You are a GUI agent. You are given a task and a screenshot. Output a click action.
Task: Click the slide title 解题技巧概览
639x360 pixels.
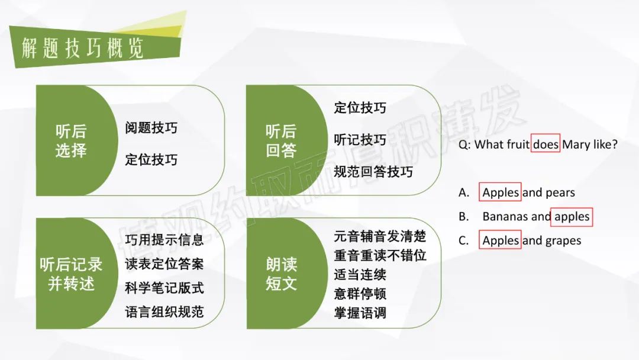[82, 49]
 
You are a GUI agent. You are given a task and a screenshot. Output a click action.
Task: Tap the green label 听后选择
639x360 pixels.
[72, 141]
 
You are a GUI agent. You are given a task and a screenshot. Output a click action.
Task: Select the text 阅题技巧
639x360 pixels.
[151, 128]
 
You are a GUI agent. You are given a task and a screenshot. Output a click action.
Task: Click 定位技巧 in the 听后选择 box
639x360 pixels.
[151, 159]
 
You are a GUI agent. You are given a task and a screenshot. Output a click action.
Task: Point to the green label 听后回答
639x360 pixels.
[281, 141]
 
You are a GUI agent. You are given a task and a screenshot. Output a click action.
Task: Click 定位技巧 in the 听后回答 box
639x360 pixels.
[360, 108]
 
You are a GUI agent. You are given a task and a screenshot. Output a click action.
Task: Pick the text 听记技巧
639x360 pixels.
[360, 139]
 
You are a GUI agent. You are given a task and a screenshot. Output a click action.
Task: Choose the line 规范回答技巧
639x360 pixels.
[373, 172]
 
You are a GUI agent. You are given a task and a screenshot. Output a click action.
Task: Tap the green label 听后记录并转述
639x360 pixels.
[72, 274]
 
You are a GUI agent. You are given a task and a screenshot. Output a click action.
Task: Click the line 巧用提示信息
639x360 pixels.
[164, 240]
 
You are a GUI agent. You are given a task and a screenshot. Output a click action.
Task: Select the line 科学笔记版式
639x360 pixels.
[164, 288]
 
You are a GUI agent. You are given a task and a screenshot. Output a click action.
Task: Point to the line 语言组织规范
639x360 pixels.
[164, 312]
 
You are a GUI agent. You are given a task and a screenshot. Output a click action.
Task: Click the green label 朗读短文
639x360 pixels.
[281, 274]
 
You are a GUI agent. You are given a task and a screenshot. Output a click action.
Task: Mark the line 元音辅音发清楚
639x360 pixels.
[380, 236]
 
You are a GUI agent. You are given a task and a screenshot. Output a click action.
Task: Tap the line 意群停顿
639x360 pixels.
[360, 294]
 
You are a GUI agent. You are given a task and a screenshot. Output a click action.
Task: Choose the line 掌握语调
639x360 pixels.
[360, 313]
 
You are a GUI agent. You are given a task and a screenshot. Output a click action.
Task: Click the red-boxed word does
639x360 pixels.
[546, 143]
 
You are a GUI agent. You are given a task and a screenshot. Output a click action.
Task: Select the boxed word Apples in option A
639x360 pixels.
[500, 192]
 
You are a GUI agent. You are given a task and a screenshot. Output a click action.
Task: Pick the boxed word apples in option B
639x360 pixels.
[572, 217]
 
